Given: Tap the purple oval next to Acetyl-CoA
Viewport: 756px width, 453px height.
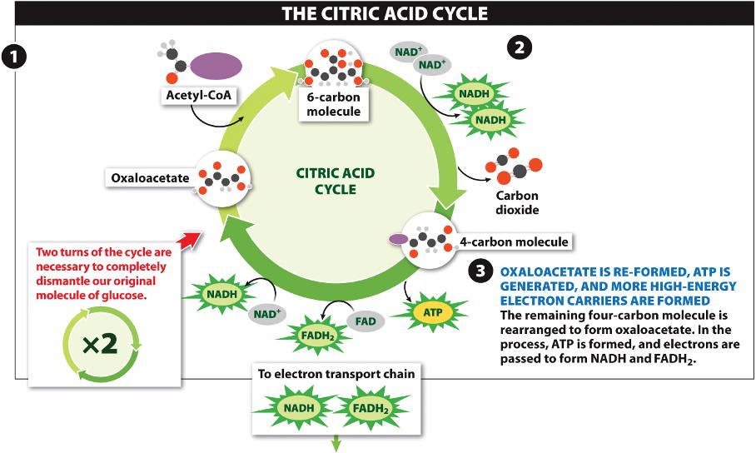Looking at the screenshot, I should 216,65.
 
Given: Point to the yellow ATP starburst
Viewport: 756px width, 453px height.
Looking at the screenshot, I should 432,312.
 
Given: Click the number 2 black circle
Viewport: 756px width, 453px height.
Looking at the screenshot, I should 520,48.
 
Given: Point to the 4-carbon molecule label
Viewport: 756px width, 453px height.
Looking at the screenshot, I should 514,242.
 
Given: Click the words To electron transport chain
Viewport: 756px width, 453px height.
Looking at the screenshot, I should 336,374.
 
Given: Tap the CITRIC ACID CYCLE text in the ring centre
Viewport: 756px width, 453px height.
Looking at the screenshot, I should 336,181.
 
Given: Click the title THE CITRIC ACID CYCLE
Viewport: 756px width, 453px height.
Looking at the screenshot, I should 385,13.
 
